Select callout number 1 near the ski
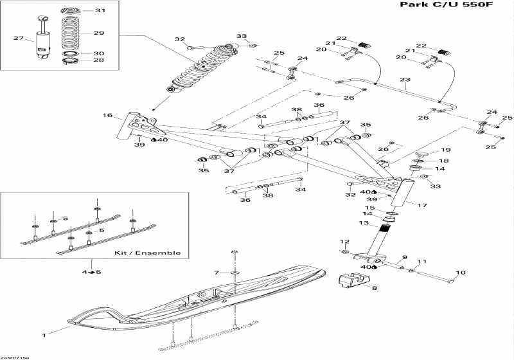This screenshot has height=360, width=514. click(45, 335)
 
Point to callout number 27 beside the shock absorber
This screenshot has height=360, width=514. click(19, 39)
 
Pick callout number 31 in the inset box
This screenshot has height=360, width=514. click(100, 11)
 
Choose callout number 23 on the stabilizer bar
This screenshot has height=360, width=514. click(404, 80)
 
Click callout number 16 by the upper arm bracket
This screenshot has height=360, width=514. click(107, 116)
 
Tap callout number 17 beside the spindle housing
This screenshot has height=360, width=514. click(423, 206)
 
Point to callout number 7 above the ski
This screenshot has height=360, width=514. click(217, 273)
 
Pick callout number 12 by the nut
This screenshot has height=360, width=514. click(344, 242)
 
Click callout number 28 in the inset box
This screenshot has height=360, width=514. click(99, 60)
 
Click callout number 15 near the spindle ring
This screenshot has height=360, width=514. click(370, 208)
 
